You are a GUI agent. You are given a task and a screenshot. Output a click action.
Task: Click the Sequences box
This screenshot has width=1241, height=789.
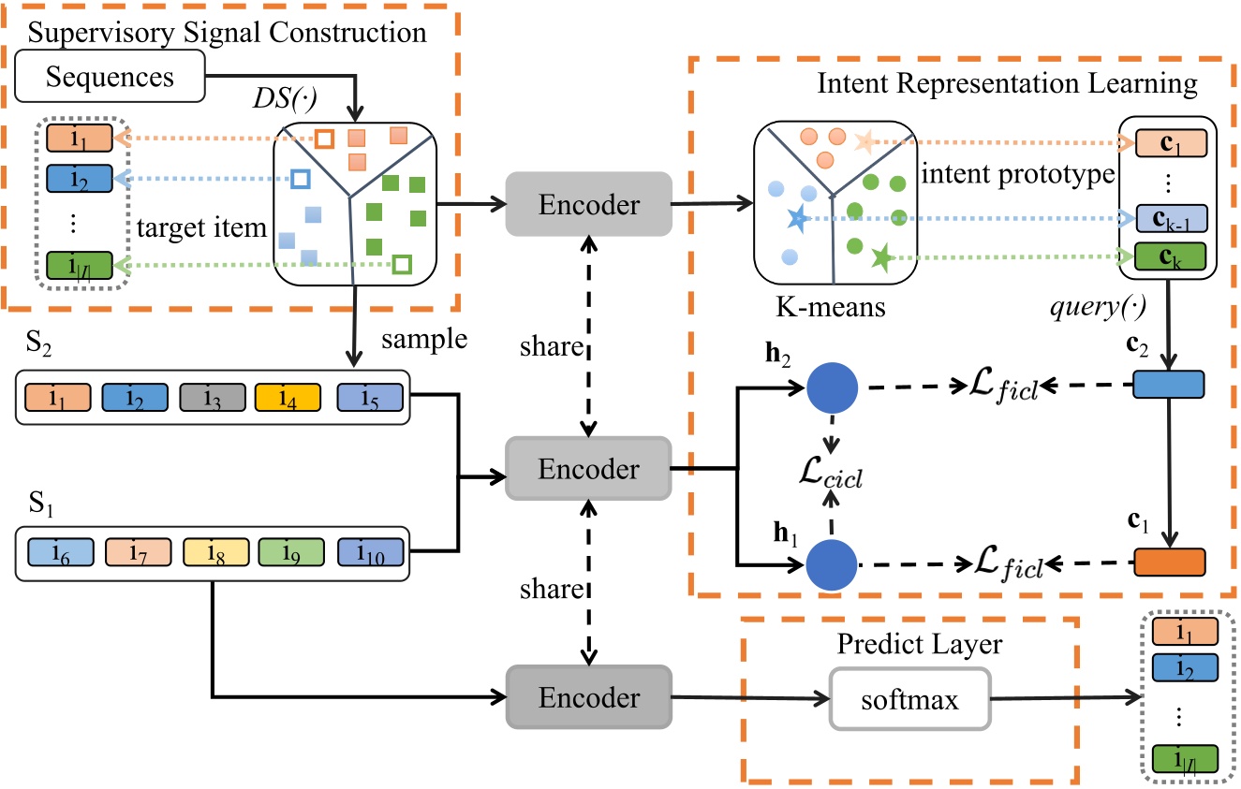pyautogui.click(x=111, y=76)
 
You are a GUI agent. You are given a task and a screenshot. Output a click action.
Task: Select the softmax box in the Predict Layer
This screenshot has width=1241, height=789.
pyautogui.click(x=909, y=699)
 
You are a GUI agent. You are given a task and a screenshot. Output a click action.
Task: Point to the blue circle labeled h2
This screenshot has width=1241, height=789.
pyautogui.click(x=833, y=386)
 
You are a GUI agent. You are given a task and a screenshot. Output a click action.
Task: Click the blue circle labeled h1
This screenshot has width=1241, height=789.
pyautogui.click(x=833, y=564)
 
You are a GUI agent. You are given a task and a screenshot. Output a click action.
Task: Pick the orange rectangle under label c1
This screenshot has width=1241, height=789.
pyautogui.click(x=1170, y=562)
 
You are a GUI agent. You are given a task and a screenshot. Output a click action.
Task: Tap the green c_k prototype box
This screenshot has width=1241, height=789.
pyautogui.click(x=1170, y=256)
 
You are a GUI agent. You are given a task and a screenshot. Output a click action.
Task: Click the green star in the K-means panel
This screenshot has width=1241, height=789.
pyautogui.click(x=879, y=256)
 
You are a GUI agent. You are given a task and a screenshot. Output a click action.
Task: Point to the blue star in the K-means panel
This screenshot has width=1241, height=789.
pyautogui.click(x=796, y=220)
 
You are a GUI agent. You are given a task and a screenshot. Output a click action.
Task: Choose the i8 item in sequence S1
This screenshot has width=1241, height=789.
pyautogui.click(x=214, y=550)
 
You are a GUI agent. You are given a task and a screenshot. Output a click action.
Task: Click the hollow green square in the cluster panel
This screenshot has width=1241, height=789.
pyautogui.click(x=401, y=265)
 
